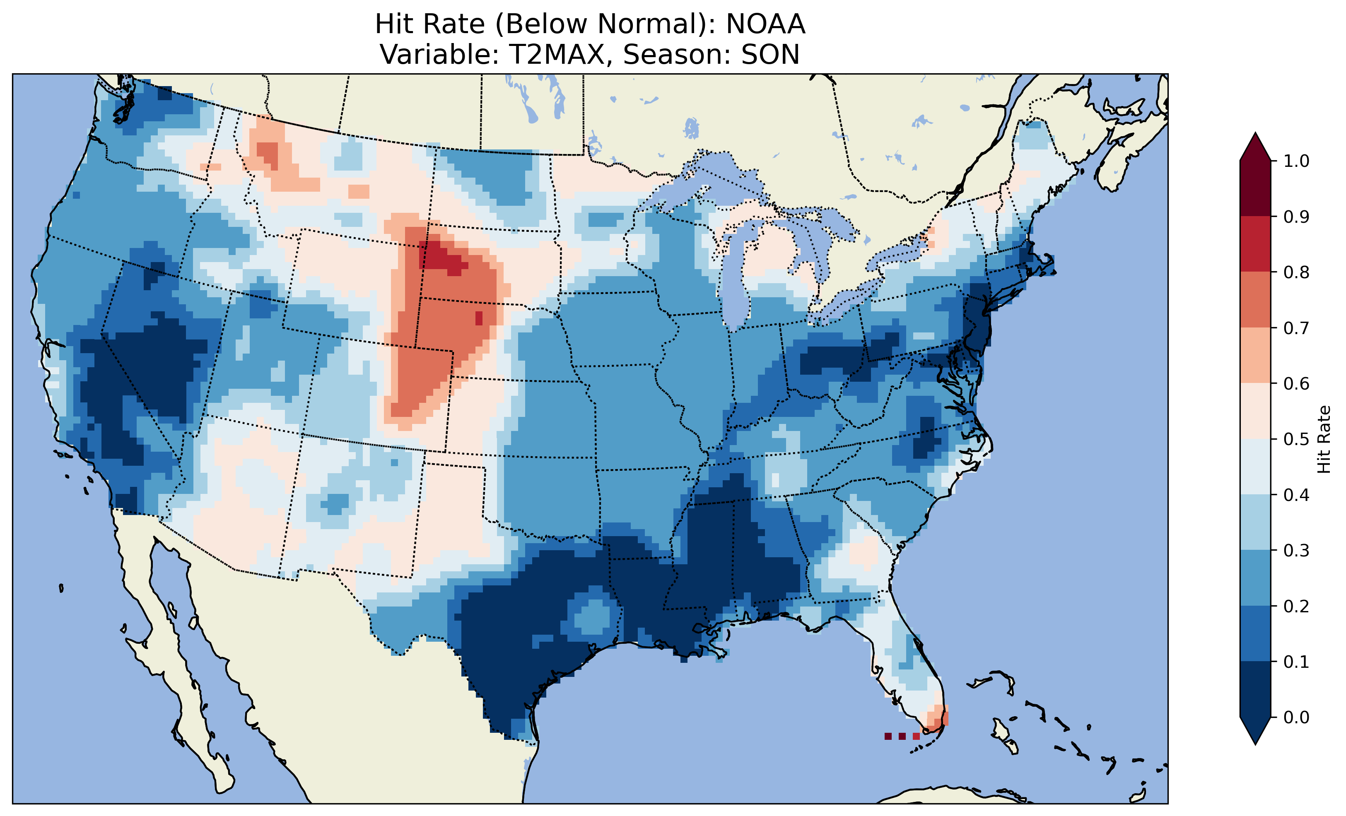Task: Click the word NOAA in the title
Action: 765,24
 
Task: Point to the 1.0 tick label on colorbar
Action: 1296,161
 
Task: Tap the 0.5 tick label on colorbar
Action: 1296,439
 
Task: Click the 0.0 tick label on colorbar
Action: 1296,717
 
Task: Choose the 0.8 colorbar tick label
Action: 1296,272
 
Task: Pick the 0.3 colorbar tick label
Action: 1296,551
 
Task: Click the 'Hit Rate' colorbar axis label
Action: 1324,439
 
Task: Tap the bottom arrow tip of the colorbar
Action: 1255,744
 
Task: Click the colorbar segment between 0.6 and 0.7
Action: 1255,356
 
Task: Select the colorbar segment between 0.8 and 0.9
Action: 1255,244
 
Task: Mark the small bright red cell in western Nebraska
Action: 479,318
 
